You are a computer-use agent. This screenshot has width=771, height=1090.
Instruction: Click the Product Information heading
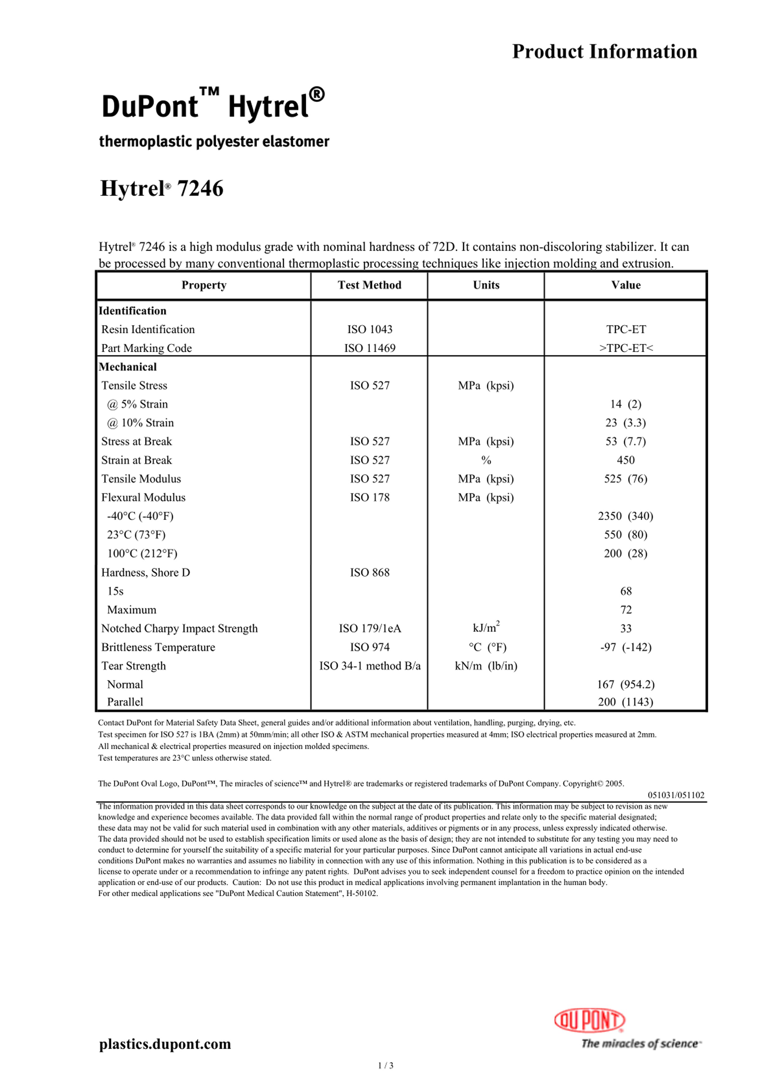604,51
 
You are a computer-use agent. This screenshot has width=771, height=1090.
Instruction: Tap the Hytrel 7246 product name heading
162,189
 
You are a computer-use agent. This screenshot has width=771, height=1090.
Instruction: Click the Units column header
486,285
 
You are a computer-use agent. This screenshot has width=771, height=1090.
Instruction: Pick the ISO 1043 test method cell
370,329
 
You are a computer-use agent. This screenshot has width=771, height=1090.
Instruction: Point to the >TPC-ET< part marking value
626,348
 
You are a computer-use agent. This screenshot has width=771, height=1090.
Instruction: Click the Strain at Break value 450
626,460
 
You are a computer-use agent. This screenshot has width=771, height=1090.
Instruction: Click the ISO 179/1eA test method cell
370,629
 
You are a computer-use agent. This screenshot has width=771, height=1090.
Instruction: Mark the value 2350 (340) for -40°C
626,516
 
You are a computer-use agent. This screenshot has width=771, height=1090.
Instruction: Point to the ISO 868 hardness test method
370,573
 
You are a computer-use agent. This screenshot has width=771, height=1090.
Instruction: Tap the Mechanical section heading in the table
128,367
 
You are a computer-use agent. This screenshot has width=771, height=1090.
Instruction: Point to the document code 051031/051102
676,795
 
